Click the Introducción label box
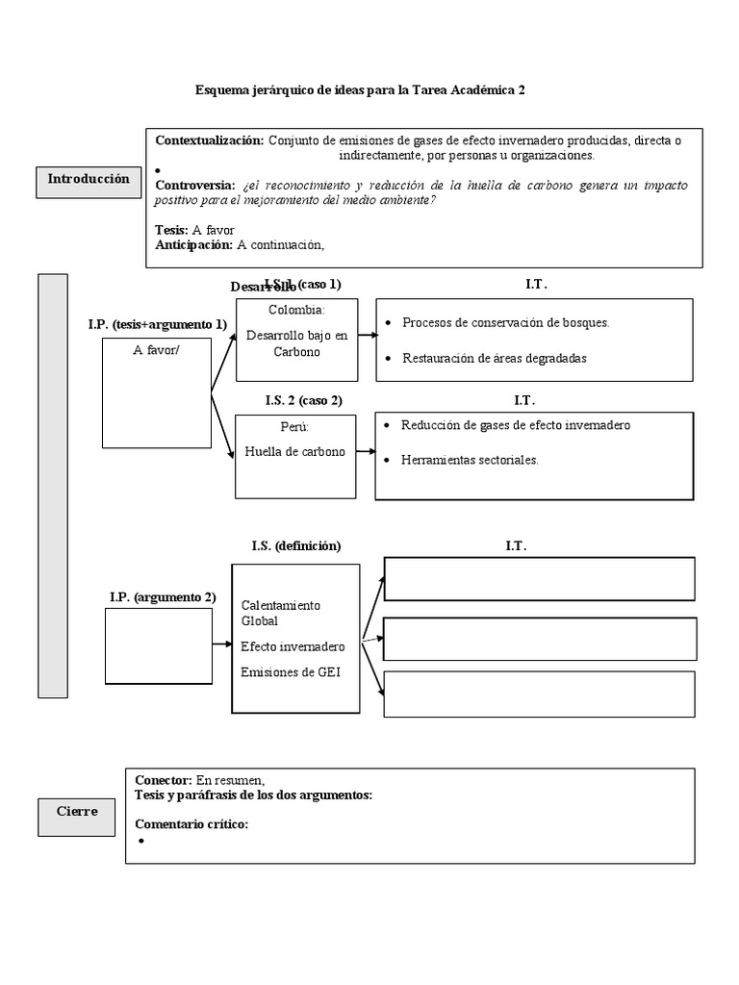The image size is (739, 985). [x=89, y=180]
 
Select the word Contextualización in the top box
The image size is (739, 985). [x=209, y=140]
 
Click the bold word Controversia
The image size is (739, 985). [x=193, y=185]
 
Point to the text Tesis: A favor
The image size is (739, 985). [x=194, y=230]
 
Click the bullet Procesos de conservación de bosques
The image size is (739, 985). [x=505, y=323]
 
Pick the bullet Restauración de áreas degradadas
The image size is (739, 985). [x=494, y=358]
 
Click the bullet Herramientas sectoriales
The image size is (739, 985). [x=470, y=460]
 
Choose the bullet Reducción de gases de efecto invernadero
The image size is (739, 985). [x=516, y=425]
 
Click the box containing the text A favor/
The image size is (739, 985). [x=156, y=394]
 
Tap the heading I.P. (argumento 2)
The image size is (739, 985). [x=162, y=597]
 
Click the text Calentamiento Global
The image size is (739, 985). [x=280, y=613]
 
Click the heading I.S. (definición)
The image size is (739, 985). [x=295, y=545]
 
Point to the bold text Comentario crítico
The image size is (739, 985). [x=191, y=824]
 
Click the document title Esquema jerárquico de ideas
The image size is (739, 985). [x=360, y=90]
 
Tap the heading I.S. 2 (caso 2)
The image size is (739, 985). [x=303, y=399]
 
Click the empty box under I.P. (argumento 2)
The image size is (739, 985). [x=158, y=645]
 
